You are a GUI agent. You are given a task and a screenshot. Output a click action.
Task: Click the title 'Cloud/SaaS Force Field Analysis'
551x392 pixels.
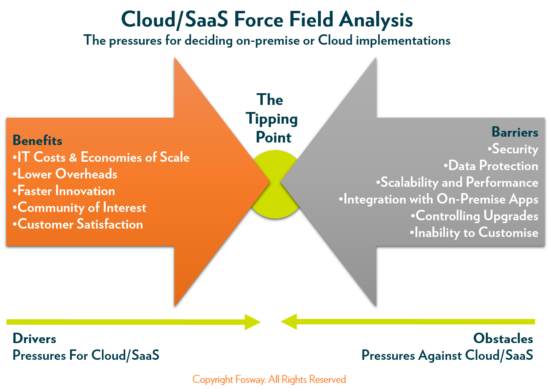(x=267, y=20)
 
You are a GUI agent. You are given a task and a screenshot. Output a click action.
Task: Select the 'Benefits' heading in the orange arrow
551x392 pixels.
(x=38, y=140)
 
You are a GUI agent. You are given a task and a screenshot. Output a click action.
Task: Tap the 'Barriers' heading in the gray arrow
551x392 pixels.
(x=515, y=132)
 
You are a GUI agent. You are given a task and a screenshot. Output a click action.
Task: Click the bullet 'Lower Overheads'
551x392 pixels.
(x=65, y=174)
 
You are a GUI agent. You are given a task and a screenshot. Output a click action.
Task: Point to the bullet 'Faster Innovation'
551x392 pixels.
(x=64, y=191)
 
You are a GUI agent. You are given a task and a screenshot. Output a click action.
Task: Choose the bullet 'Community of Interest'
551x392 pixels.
(x=79, y=207)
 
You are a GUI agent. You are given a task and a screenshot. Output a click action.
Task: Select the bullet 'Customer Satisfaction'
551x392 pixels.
(x=78, y=224)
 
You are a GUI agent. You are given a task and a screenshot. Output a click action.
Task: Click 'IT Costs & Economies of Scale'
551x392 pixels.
(x=101, y=157)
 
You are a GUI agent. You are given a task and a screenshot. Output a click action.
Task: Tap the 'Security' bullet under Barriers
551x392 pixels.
(x=513, y=149)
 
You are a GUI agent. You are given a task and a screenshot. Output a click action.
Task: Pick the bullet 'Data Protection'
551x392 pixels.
(x=491, y=165)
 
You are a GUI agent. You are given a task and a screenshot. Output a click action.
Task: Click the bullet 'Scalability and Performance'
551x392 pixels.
(x=457, y=182)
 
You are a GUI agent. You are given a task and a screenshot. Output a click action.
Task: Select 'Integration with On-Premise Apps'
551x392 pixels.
(x=439, y=199)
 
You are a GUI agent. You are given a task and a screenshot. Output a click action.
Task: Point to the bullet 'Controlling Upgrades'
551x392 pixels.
(x=475, y=216)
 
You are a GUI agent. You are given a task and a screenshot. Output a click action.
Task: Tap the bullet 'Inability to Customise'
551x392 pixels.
(x=474, y=232)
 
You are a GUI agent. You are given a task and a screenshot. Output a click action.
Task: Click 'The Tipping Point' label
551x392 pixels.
(x=272, y=118)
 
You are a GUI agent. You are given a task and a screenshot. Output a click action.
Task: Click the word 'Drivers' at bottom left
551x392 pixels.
(x=34, y=339)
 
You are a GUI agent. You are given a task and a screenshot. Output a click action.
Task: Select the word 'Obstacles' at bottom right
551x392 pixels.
(x=503, y=339)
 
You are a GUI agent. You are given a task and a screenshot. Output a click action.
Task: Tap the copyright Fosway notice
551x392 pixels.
(x=269, y=379)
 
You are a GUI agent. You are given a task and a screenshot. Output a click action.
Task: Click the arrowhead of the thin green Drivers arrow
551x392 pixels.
(x=253, y=322)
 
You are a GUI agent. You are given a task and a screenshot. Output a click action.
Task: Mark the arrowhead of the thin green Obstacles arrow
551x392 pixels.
(x=289, y=321)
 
